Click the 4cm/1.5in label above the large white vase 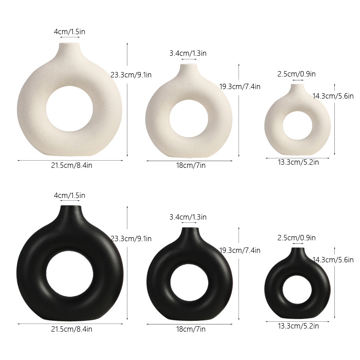point(69,31)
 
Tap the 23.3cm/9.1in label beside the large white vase point(131,75)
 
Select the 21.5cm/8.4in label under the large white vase point(72,165)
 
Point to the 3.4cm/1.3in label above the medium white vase point(188,53)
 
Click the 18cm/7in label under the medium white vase point(190,165)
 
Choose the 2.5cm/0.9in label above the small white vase point(297,74)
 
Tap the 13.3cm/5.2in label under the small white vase point(298,162)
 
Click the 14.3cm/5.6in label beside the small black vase point(333,260)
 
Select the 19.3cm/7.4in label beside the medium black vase point(240,250)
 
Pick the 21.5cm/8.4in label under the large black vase point(72,329)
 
